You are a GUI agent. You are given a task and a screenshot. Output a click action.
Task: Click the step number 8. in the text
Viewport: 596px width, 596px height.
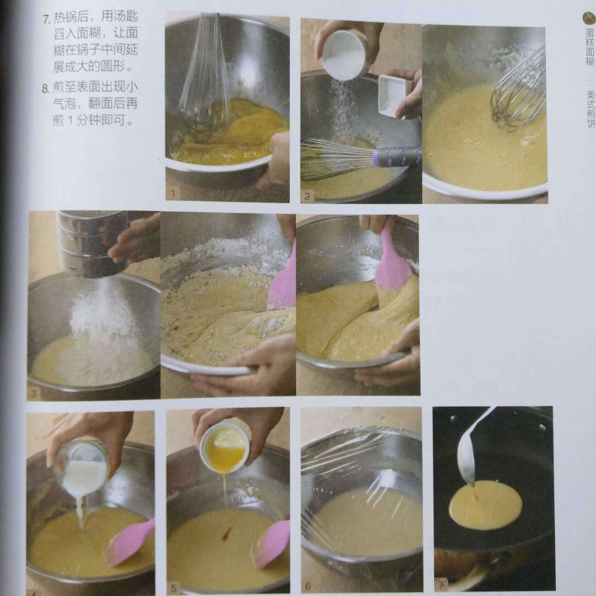click(46, 88)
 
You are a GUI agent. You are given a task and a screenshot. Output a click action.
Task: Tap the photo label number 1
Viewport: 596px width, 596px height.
click(173, 193)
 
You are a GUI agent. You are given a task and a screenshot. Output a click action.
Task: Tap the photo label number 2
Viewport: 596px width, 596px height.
click(307, 196)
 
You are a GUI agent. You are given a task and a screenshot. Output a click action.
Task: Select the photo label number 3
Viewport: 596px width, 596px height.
click(34, 394)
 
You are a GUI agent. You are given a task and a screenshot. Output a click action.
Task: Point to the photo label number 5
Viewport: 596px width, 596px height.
click(173, 589)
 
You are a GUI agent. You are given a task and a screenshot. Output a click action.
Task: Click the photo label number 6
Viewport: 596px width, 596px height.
click(308, 586)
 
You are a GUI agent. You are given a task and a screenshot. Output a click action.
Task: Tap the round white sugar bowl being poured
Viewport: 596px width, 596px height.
click(344, 54)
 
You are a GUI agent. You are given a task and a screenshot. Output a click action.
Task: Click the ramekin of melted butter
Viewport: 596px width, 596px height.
click(225, 449)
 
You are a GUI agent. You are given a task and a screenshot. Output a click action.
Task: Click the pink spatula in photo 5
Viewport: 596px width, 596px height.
click(272, 544)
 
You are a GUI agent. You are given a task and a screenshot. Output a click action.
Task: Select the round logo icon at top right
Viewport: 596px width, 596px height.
click(589, 18)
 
